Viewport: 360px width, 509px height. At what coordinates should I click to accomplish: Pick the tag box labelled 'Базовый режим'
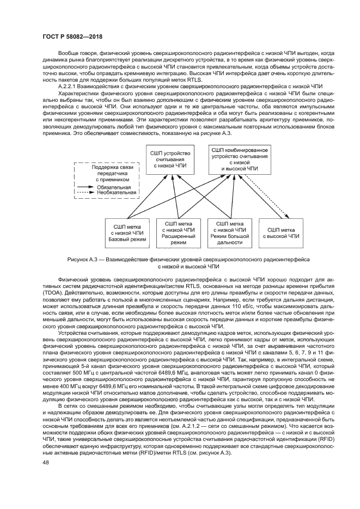click(x=124, y=233)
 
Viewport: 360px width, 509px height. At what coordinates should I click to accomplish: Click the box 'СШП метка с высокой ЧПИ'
click(x=281, y=233)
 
